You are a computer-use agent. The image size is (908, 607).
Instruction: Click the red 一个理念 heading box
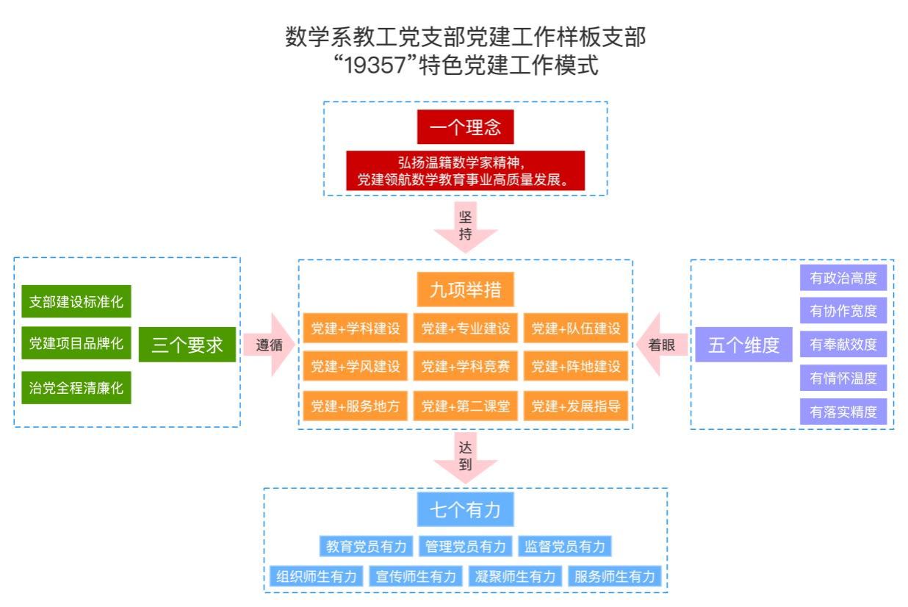click(x=465, y=128)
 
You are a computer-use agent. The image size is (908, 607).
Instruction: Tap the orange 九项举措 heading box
click(x=465, y=290)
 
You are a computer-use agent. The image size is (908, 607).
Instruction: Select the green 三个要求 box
click(x=187, y=345)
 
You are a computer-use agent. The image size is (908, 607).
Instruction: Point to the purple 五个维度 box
click(x=743, y=345)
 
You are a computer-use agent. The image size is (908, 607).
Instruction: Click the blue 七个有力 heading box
click(x=465, y=510)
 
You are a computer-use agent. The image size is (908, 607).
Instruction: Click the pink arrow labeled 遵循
click(x=270, y=345)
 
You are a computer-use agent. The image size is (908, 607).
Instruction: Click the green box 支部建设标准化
click(x=76, y=301)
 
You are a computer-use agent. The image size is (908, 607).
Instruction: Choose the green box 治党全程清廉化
click(x=76, y=388)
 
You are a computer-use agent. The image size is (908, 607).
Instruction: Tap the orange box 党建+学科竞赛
click(x=466, y=366)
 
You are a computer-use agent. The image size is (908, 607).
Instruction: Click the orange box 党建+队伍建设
click(x=576, y=328)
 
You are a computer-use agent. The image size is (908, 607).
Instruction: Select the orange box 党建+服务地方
click(x=355, y=405)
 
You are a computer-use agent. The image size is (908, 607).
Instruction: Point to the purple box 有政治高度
click(x=843, y=279)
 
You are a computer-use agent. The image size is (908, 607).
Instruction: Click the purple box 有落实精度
click(x=843, y=412)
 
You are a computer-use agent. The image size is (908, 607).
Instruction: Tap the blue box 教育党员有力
click(x=367, y=546)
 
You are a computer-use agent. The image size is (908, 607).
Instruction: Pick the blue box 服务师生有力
click(x=614, y=576)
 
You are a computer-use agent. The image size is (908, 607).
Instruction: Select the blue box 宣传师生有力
click(x=416, y=576)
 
